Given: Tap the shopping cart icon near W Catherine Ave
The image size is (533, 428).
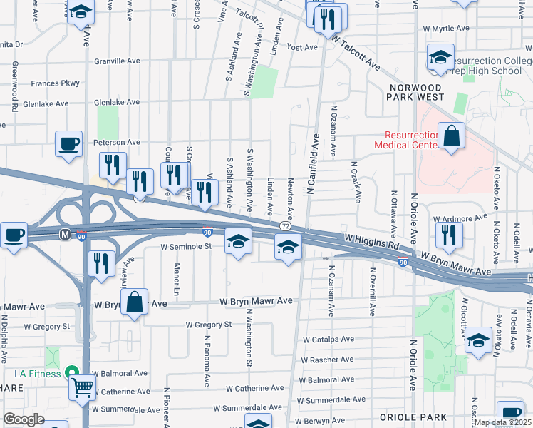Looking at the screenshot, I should tap(83, 387).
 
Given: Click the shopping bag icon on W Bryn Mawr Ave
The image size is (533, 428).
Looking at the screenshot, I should tap(134, 302).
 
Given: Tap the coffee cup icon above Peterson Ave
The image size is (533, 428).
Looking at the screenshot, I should tap(69, 143).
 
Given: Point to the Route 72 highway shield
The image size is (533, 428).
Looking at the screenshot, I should tap(285, 225).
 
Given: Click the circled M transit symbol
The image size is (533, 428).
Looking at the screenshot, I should tap(65, 233).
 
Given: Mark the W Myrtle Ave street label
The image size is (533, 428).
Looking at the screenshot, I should tap(445, 29).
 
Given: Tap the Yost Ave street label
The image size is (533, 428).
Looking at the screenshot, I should tap(301, 47).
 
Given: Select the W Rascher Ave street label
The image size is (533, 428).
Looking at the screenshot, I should tap(328, 360).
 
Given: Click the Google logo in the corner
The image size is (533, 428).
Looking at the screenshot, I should tap(24, 419).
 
